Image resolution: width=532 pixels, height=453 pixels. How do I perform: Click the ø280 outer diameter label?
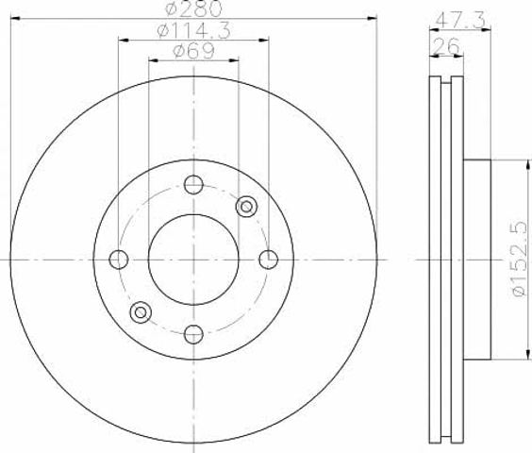[193, 8]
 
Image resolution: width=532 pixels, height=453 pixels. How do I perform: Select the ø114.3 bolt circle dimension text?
[193, 30]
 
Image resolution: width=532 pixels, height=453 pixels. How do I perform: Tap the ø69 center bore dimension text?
[193, 51]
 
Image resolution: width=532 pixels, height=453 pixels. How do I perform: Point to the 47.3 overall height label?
[460, 20]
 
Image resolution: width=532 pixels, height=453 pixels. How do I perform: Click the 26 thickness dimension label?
[446, 46]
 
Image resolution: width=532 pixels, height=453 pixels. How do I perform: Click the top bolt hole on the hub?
[193, 185]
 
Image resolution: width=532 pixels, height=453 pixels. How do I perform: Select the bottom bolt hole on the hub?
[193, 334]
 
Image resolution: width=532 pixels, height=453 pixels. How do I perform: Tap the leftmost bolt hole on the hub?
[119, 260]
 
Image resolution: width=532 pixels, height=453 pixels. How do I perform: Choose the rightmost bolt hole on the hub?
[269, 260]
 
